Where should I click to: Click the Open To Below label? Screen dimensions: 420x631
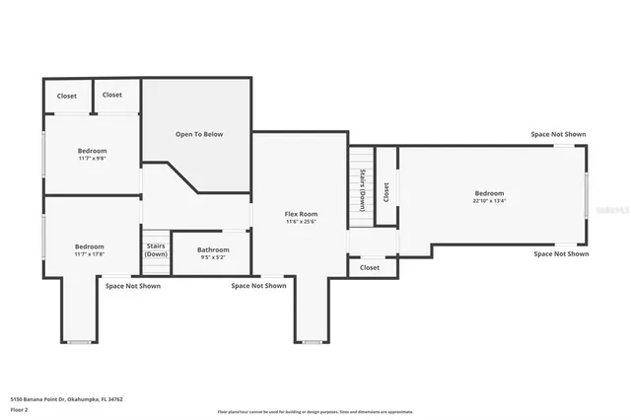pyautogui.click(x=199, y=134)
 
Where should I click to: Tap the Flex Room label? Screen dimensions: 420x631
pyautogui.click(x=301, y=214)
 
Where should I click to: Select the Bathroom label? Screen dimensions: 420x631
pyautogui.click(x=213, y=249)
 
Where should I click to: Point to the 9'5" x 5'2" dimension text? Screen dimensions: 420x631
pyautogui.click(x=213, y=257)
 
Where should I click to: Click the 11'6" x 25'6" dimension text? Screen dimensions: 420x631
pyautogui.click(x=301, y=222)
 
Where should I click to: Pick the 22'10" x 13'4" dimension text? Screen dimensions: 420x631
pyautogui.click(x=489, y=201)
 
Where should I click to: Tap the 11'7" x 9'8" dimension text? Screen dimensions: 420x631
pyautogui.click(x=92, y=158)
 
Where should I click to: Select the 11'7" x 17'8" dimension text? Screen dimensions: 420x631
pyautogui.click(x=90, y=254)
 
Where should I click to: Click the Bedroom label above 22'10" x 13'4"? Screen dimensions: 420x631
pyautogui.click(x=489, y=193)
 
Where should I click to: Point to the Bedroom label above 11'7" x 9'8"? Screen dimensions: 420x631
pyautogui.click(x=92, y=150)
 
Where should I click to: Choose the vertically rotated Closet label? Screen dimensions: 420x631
pyautogui.click(x=386, y=191)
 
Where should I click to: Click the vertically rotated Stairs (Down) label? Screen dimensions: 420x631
pyautogui.click(x=363, y=191)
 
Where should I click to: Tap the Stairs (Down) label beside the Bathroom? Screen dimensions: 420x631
pyautogui.click(x=156, y=249)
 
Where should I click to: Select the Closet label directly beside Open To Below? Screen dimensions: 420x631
pyautogui.click(x=112, y=96)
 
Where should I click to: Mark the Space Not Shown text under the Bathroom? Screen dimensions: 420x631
pyautogui.click(x=258, y=286)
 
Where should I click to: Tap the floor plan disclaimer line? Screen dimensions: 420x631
pyautogui.click(x=315, y=412)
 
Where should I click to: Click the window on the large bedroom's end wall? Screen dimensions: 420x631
pyautogui.click(x=587, y=195)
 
